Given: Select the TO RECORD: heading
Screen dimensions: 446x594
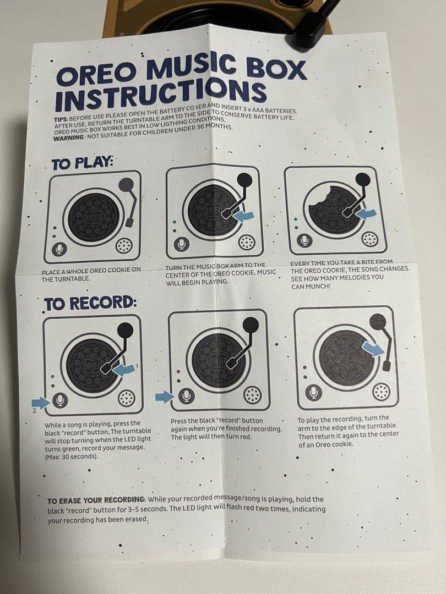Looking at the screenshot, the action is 90,303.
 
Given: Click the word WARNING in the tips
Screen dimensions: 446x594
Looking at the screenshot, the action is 68,138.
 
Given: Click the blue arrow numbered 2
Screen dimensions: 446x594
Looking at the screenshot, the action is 41,402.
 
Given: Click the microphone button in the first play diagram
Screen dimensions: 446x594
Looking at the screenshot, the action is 59,249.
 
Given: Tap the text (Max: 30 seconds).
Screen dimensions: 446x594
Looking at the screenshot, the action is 71,457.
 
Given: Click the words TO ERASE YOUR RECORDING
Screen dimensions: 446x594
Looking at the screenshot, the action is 96,501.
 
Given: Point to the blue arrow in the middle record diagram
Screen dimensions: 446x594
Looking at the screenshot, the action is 165,397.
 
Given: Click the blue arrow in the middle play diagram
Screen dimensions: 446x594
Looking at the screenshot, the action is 244,216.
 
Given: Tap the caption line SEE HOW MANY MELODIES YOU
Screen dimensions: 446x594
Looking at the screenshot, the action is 337,278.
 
